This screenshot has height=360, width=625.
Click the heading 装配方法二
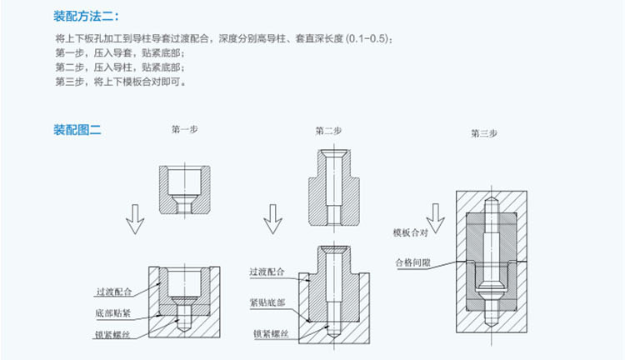click(86, 17)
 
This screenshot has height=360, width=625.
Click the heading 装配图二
click(77, 130)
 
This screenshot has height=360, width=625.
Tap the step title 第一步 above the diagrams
click(184, 129)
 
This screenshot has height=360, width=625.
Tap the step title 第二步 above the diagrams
click(328, 131)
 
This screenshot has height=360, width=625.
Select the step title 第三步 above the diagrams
click(484, 133)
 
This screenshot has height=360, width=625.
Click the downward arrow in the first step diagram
click(135, 219)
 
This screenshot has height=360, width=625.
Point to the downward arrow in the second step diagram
click(272, 219)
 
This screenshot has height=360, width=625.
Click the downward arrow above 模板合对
click(435, 218)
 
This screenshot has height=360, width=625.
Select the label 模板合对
click(410, 232)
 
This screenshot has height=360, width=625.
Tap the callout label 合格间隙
click(413, 262)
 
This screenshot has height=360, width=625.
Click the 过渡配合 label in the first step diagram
click(114, 292)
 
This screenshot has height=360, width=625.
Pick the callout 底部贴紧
click(113, 313)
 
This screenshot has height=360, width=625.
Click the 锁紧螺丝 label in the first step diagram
click(112, 334)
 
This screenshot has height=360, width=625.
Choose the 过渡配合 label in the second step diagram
click(267, 272)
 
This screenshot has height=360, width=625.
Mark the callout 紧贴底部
click(267, 302)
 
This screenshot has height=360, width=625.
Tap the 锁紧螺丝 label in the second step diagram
click(271, 333)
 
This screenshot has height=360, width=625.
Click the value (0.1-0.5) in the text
click(367, 38)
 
